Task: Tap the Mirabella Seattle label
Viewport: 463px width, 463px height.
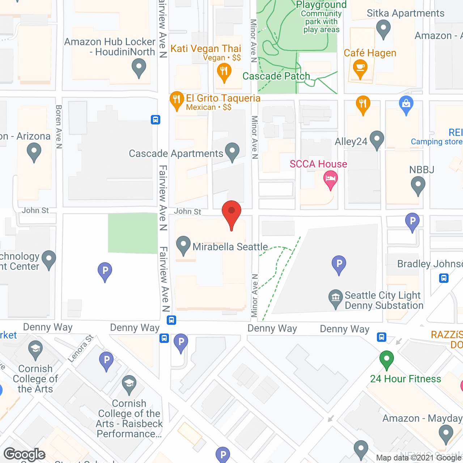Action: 230,247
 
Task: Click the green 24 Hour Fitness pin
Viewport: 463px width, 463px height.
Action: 386,359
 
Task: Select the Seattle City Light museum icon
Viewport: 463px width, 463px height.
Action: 336,298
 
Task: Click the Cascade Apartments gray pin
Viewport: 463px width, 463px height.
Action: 232,151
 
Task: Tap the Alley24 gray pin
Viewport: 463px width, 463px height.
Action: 377,139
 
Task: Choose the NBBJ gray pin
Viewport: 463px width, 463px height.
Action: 418,185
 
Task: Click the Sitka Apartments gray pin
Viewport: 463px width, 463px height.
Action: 383,28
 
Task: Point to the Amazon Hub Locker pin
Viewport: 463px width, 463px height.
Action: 139,67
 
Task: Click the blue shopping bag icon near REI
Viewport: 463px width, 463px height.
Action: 406,104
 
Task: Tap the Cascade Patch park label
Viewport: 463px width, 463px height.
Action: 276,76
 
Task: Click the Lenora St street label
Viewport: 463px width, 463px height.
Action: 80,348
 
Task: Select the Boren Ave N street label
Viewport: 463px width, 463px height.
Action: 59,127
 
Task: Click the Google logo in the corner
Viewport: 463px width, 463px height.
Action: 25,454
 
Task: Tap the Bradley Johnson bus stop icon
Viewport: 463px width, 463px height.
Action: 444,278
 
